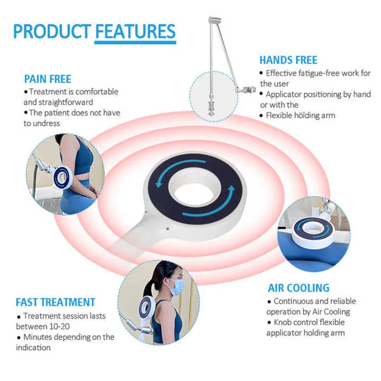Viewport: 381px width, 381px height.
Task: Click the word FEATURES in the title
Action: tap(135, 31)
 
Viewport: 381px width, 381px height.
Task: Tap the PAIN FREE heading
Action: tap(48, 79)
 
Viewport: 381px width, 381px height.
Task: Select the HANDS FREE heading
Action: tap(288, 60)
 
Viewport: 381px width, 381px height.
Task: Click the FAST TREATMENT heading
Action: tap(55, 302)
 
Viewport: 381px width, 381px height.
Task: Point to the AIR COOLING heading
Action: tap(299, 288)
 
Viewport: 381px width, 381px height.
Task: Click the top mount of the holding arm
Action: tap(215, 20)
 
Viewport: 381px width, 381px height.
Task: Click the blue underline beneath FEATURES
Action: tap(135, 42)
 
